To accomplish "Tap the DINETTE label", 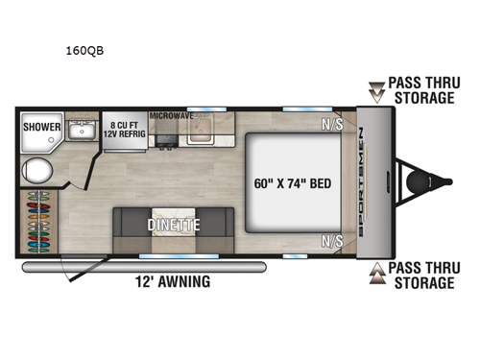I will tap(172, 226).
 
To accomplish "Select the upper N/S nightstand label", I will tap(333, 123).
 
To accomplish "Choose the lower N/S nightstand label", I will tap(333, 240).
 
